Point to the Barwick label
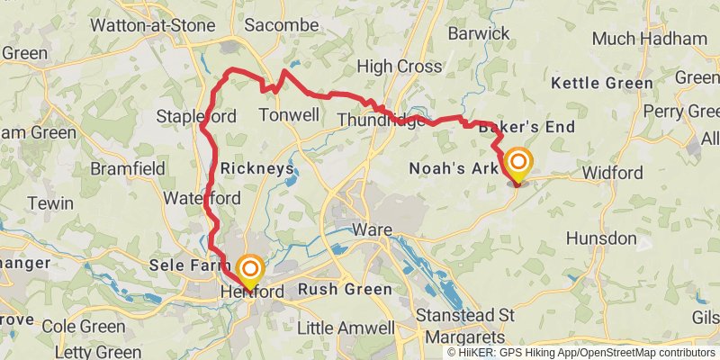pos(482,34)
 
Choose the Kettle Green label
pos(602,83)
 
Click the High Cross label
pos(399,66)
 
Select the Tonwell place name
pos(288,115)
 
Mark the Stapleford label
pos(196,117)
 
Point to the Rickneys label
pos(257,168)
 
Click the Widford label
pos(612,173)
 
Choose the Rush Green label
pos(345,289)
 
